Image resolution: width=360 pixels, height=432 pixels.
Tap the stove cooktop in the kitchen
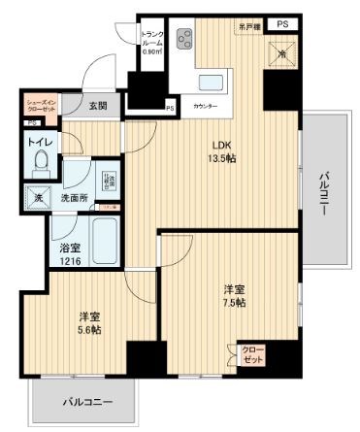184,39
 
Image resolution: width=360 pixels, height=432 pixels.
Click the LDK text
222,147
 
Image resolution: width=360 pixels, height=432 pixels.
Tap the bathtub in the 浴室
103,242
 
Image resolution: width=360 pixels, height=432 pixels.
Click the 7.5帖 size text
233,302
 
